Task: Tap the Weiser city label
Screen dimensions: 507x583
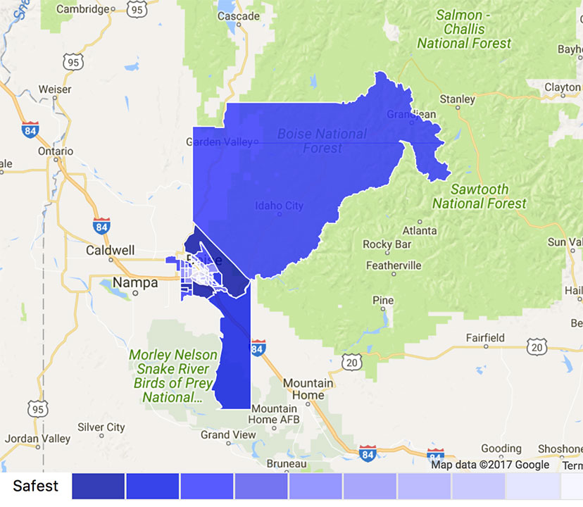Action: [55, 89]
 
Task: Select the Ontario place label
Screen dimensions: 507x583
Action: [56, 151]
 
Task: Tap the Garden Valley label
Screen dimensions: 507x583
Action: [218, 142]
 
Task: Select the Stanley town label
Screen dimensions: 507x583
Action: [457, 99]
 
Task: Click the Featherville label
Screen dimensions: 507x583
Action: [394, 265]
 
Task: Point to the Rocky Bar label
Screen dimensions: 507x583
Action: [387, 244]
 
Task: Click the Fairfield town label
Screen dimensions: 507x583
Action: [487, 338]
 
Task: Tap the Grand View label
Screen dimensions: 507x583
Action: [228, 435]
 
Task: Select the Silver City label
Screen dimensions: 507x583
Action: [101, 427]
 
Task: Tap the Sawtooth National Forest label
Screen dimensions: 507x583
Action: [479, 196]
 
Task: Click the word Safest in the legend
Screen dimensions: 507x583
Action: [35, 486]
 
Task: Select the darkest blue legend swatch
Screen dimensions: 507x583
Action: [98, 487]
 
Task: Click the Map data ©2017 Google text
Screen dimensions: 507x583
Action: [490, 464]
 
